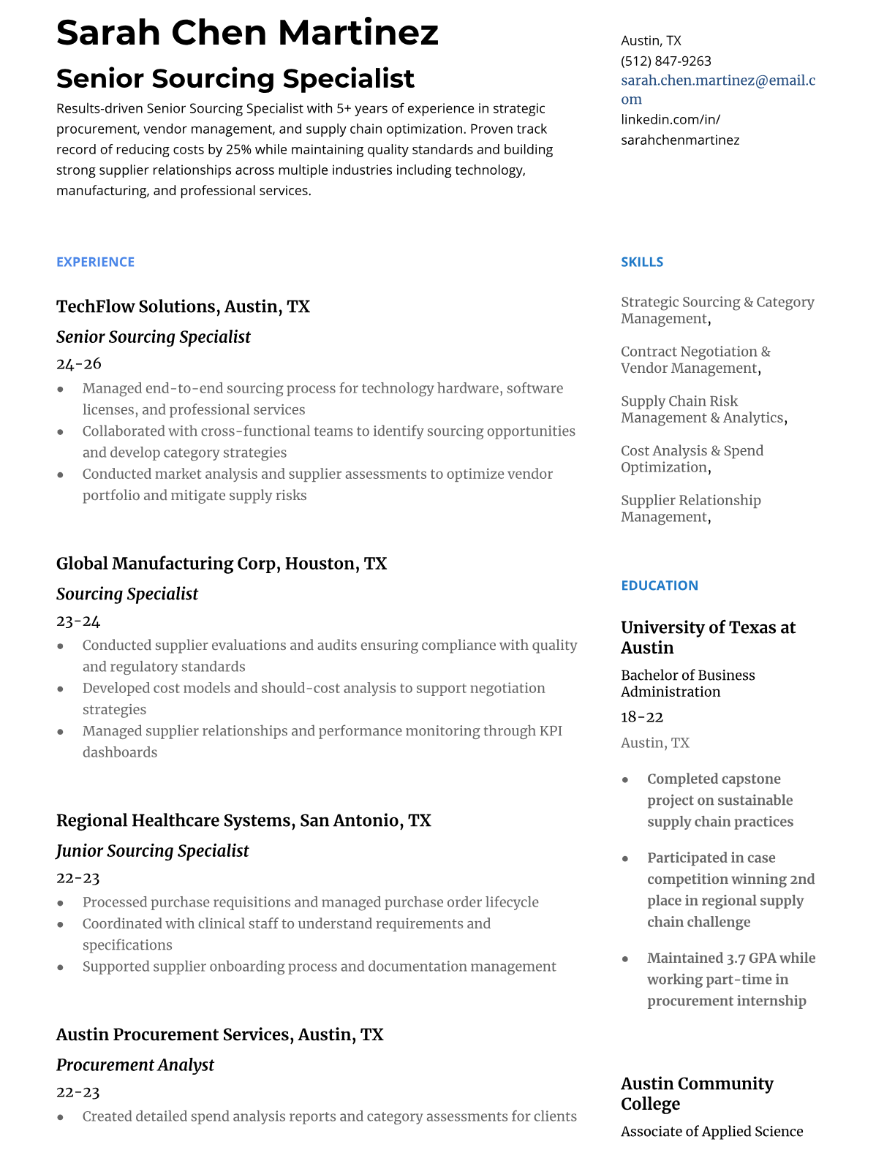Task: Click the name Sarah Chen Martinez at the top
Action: click(247, 33)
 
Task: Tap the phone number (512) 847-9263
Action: click(665, 61)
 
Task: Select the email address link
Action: click(717, 89)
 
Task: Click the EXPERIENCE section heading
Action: click(95, 262)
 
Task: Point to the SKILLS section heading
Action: click(641, 262)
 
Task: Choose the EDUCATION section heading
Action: click(659, 586)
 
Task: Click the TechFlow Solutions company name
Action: click(137, 306)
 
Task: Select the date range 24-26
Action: click(78, 363)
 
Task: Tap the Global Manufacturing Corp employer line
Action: click(221, 564)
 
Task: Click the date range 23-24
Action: click(78, 621)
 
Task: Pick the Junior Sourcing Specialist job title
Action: click(152, 851)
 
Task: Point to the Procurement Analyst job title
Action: click(135, 1065)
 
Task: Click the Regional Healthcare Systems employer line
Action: click(243, 820)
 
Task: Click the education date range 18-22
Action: click(641, 716)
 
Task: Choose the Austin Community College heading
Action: click(696, 1093)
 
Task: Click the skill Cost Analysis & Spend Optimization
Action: click(691, 458)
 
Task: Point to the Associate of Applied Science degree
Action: click(711, 1131)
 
